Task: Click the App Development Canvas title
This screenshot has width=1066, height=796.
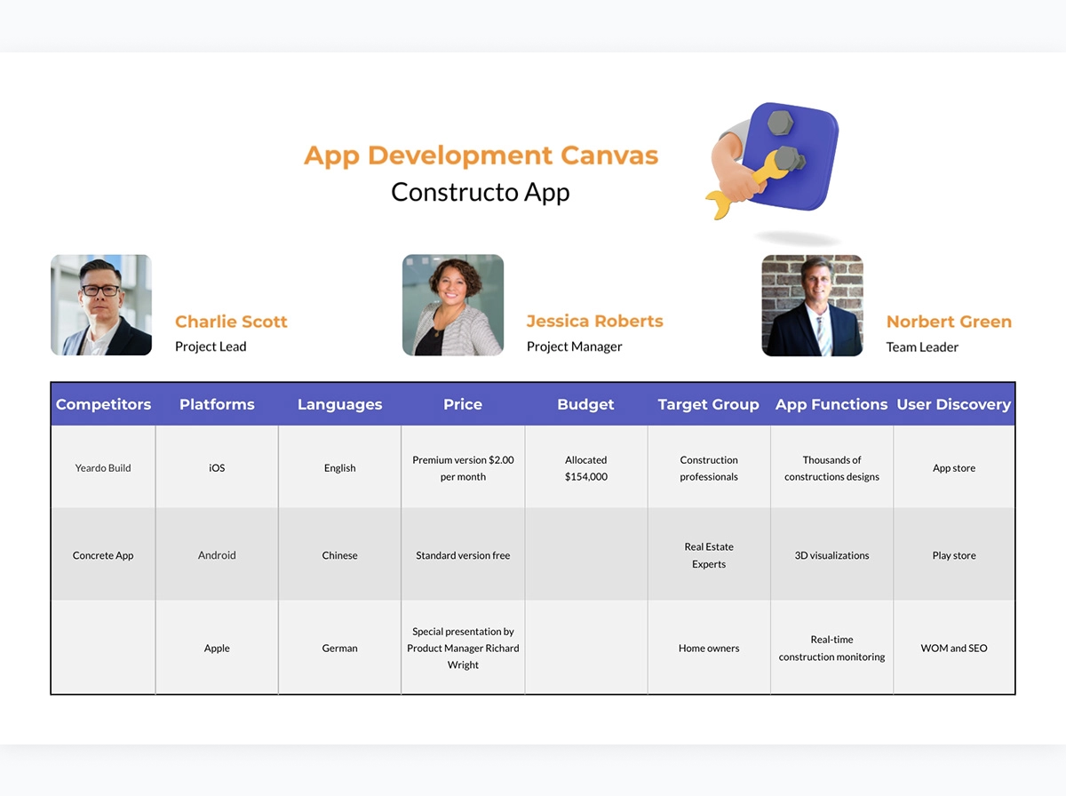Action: click(x=481, y=155)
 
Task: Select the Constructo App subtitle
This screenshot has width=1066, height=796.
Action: click(x=481, y=192)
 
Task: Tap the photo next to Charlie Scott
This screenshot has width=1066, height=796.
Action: click(x=101, y=305)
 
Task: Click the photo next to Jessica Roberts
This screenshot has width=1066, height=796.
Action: click(x=453, y=305)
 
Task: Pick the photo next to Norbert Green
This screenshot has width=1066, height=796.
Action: click(x=813, y=306)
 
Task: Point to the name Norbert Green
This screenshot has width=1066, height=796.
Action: click(x=949, y=322)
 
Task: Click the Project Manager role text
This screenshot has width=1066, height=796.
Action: click(x=574, y=346)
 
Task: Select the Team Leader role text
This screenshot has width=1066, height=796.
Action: click(x=922, y=346)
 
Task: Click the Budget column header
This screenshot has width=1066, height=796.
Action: click(x=585, y=404)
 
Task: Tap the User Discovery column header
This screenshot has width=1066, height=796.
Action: click(x=954, y=404)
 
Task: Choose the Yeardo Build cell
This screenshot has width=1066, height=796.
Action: click(x=103, y=467)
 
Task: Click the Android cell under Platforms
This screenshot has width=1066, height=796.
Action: click(x=217, y=555)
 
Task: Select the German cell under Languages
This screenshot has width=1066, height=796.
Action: click(x=339, y=648)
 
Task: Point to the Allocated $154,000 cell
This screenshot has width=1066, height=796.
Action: click(x=585, y=468)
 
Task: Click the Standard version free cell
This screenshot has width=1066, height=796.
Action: click(x=463, y=555)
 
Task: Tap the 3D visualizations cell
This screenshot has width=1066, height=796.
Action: click(x=831, y=555)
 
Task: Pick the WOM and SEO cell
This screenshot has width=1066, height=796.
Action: click(x=954, y=648)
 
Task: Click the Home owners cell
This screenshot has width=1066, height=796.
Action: click(x=709, y=648)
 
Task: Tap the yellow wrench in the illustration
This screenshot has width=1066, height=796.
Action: click(x=748, y=187)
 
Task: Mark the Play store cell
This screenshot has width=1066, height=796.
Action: click(x=954, y=555)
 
